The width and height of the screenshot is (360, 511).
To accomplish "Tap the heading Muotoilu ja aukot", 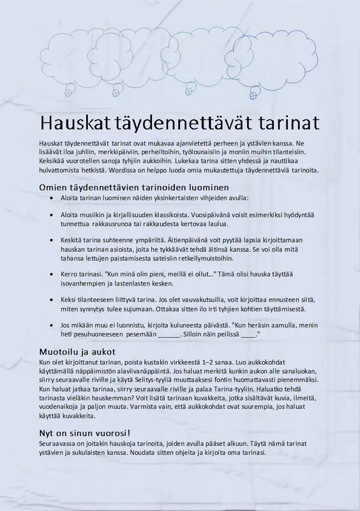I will click(77, 351).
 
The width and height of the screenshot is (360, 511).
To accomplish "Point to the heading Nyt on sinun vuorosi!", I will click(86, 433).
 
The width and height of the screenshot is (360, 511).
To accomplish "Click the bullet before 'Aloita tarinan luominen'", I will click(52, 199).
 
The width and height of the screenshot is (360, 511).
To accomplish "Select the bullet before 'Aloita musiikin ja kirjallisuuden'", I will click(52, 216).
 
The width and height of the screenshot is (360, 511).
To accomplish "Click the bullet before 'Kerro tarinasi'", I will click(52, 274).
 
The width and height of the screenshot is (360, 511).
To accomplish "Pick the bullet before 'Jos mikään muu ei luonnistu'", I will click(52, 325).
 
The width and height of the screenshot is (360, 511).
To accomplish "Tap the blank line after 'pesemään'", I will click(169, 334).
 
